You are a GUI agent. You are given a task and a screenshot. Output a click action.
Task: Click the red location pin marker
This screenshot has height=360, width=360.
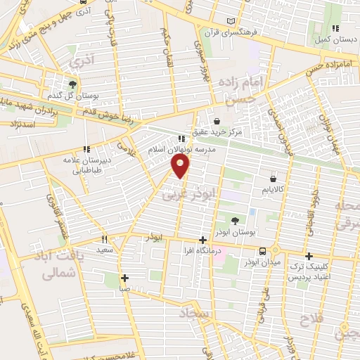pos(181,167)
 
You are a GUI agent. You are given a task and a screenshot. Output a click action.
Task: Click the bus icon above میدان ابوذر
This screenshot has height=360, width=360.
pos(263,250)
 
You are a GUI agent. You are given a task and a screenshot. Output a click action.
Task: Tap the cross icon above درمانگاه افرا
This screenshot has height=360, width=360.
pos(203,239)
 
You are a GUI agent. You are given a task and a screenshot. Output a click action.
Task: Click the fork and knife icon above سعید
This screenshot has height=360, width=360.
pos(105,238)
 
